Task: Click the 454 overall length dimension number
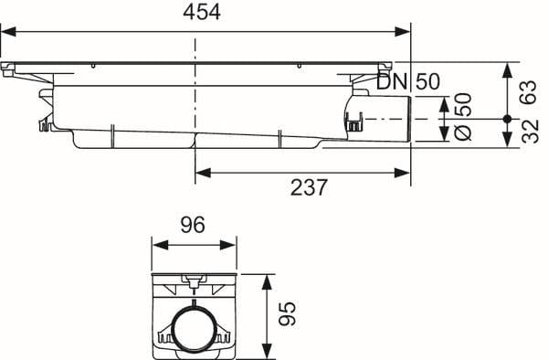pyautogui.click(x=202, y=13)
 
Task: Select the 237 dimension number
pyautogui.click(x=309, y=187)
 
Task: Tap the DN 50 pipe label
pyautogui.click(x=408, y=81)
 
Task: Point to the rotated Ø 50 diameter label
pyautogui.click(x=463, y=116)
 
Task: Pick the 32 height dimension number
pyautogui.click(x=530, y=131)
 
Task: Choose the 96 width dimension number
pyautogui.click(x=193, y=225)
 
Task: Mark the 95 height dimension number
pyautogui.click(x=288, y=313)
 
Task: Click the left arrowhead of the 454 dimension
pyautogui.click(x=9, y=32)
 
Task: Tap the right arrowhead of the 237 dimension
pyautogui.click(x=402, y=173)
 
